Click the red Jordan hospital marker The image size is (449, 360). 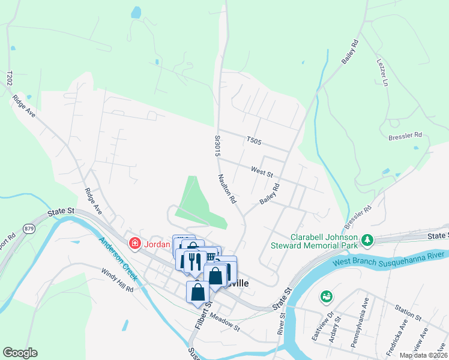coord(135,243)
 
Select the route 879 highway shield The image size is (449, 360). coord(29,228)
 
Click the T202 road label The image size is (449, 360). coord(10,77)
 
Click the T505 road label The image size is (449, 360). coord(255,140)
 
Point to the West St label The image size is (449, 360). coord(262,172)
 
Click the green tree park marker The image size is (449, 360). coord(366,241)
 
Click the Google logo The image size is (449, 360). coord(20,352)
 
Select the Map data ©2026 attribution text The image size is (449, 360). coord(423,355)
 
